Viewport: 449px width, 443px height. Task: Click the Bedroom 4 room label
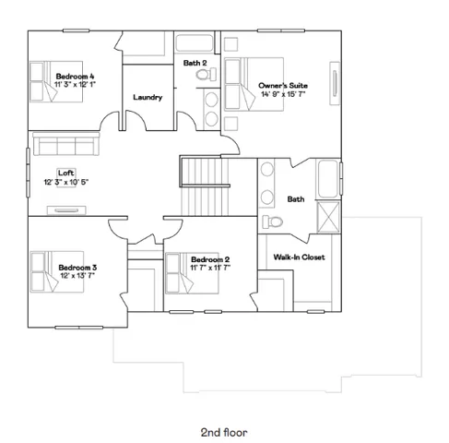74,76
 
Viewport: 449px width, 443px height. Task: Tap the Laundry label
148,97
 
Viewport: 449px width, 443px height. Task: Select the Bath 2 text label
194,63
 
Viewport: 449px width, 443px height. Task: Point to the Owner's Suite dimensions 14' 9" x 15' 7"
283,94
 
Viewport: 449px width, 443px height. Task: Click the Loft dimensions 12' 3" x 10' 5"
66,182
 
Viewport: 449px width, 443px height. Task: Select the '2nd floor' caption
225,431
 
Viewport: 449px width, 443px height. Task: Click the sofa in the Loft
63,143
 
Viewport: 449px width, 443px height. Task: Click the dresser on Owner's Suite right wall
334,82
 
